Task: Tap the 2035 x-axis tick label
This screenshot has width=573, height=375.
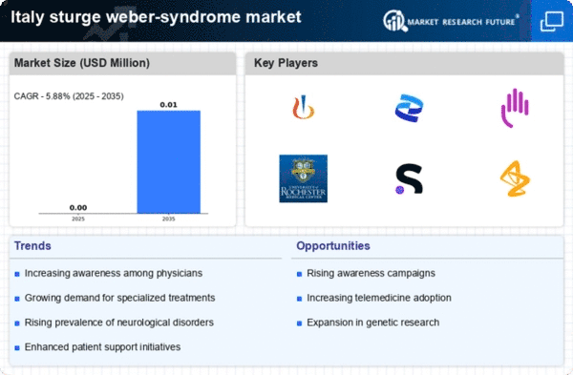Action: pyautogui.click(x=169, y=219)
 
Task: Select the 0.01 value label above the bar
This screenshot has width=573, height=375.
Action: pyautogui.click(x=169, y=104)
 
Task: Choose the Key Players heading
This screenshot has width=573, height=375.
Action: pyautogui.click(x=286, y=63)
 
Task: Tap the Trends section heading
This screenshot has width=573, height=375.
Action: pyautogui.click(x=33, y=246)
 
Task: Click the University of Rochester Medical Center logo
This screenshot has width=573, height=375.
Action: pyautogui.click(x=303, y=177)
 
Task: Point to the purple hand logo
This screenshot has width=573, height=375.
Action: pyautogui.click(x=515, y=107)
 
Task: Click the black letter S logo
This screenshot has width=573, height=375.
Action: pyautogui.click(x=409, y=178)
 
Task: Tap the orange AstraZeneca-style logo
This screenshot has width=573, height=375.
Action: pyautogui.click(x=515, y=178)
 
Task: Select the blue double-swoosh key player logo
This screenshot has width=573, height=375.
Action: pyautogui.click(x=409, y=108)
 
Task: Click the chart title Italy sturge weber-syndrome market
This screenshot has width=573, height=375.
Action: pyautogui.click(x=151, y=17)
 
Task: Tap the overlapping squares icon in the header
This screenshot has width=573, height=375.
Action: pyautogui.click(x=551, y=20)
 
